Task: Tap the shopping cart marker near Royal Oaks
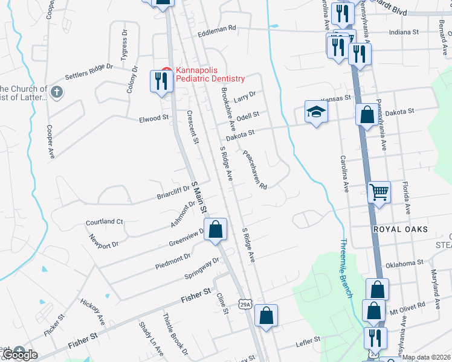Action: tap(379, 193)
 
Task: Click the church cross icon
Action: tap(57, 93)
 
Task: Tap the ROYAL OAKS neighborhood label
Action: tap(400, 229)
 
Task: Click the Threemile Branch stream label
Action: tap(343, 259)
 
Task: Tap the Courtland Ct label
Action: tap(104, 221)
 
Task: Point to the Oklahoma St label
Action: tap(404, 264)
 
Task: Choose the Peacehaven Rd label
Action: tap(255, 170)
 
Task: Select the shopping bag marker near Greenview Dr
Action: tap(216, 230)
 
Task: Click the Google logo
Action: tap(20, 355)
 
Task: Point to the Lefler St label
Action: tap(306, 343)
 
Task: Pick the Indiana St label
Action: tap(404, 31)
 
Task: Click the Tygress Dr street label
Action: tap(124, 43)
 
